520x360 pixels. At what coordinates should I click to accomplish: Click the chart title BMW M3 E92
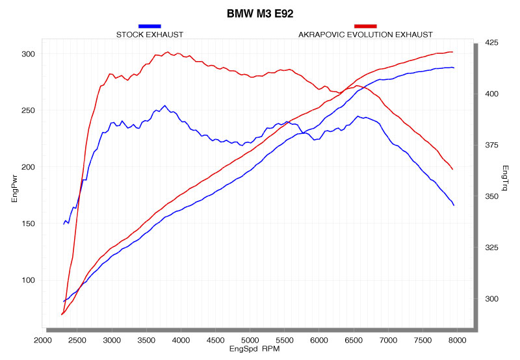point(259,13)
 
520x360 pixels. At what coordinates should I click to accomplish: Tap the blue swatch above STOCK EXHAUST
point(149,25)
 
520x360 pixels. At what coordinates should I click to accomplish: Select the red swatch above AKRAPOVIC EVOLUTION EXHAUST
point(365,25)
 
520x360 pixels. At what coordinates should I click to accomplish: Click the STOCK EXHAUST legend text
point(149,34)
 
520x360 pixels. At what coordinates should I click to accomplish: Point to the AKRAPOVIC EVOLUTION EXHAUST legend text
point(365,34)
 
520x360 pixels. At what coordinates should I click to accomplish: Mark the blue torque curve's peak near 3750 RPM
point(164,105)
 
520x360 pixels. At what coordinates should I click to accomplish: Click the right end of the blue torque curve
point(454,205)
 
